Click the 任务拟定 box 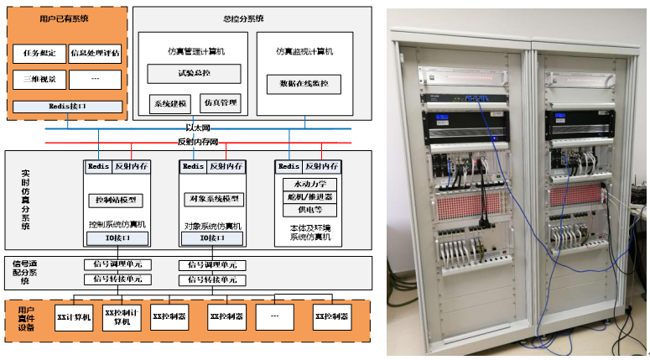[x=39, y=54]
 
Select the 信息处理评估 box [x=93, y=54]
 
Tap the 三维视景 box [x=39, y=80]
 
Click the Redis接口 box [x=66, y=107]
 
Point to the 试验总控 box [x=194, y=74]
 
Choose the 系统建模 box [x=170, y=103]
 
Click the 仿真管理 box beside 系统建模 [x=221, y=103]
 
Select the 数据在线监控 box [x=304, y=84]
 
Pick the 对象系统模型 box [x=213, y=200]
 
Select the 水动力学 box [x=309, y=183]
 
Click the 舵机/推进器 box [x=309, y=196]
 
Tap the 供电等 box [x=309, y=210]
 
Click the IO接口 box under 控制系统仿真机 [x=117, y=239]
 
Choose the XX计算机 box [x=73, y=318]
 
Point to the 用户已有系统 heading [x=65, y=16]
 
